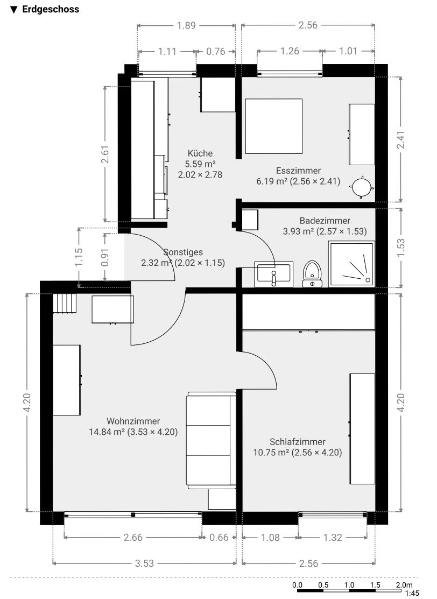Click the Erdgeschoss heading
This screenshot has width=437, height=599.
[x=51, y=9]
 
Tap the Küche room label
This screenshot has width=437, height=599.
[x=200, y=153]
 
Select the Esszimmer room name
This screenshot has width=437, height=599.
[x=298, y=171]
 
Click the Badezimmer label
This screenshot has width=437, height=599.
[x=325, y=221]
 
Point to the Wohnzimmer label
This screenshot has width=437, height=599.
[x=133, y=421]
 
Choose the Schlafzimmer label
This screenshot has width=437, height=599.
[x=298, y=442]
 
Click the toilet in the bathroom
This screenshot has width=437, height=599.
[x=313, y=273]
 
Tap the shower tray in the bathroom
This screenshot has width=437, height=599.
[x=351, y=264]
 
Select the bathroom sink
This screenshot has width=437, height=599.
[x=274, y=274]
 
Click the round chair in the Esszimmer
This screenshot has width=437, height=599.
[x=361, y=187]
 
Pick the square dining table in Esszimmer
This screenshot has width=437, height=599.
[x=273, y=126]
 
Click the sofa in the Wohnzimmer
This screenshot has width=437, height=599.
[x=211, y=440]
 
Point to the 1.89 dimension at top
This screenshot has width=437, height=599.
[x=186, y=26]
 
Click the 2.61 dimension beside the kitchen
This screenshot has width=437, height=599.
[x=105, y=154]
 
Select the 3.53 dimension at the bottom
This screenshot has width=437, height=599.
[x=144, y=563]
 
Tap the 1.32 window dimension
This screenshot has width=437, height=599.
[x=333, y=538]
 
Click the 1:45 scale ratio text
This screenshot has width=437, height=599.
[x=412, y=593]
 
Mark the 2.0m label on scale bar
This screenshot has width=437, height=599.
[x=404, y=585]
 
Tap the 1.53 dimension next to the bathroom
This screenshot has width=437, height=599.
[x=401, y=248]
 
